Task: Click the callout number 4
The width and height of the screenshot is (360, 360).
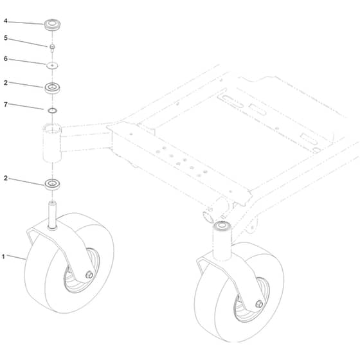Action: [x=6, y=21]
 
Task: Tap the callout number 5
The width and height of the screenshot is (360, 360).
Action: [x=6, y=38]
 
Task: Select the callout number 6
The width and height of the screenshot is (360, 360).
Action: [x=6, y=59]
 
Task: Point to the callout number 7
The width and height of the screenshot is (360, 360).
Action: [x=6, y=105]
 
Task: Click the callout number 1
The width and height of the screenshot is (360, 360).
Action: [x=3, y=256]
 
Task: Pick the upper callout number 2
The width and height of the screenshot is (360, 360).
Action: [x=6, y=83]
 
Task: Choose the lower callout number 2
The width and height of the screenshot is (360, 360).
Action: [x=6, y=178]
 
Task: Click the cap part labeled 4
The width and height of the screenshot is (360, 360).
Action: [x=52, y=24]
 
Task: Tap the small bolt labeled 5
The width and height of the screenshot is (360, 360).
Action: [x=52, y=48]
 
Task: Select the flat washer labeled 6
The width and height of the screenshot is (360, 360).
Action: [x=52, y=66]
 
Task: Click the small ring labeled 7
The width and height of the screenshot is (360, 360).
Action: [x=52, y=111]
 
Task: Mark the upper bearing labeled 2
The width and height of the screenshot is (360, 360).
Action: [x=52, y=88]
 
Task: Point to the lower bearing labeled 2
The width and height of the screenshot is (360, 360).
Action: [x=52, y=184]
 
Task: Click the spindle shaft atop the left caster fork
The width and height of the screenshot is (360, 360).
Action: [x=52, y=215]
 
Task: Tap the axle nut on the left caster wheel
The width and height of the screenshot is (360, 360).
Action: [x=89, y=274]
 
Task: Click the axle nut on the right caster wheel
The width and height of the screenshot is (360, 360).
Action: [x=259, y=304]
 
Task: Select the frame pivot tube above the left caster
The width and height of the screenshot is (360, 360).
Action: [x=52, y=143]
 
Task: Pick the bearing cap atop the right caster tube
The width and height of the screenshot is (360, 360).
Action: [x=222, y=225]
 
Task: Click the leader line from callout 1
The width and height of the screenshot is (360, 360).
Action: [x=16, y=257]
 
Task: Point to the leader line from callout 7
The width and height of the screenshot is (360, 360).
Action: [x=26, y=107]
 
